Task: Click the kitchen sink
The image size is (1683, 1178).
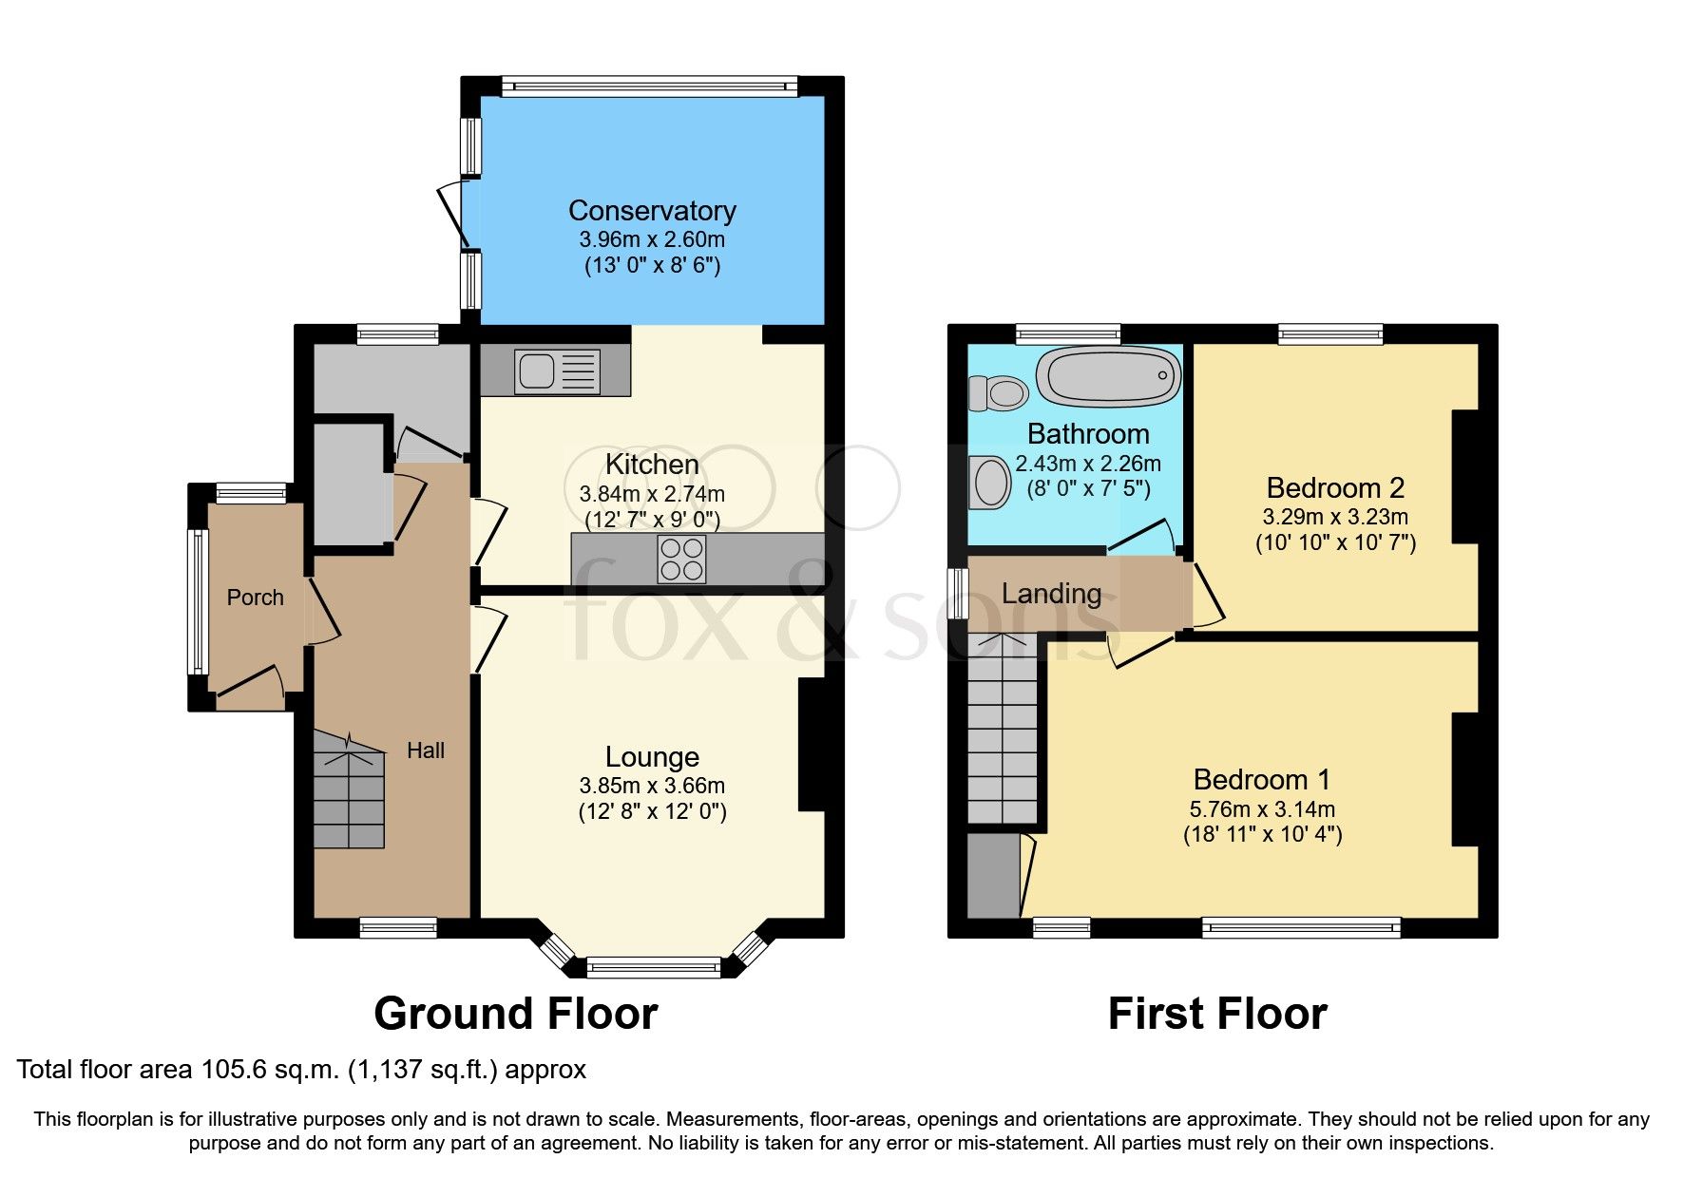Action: [x=557, y=370]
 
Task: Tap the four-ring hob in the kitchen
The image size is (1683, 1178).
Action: [x=681, y=559]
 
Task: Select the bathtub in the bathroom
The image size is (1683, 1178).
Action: [x=1108, y=375]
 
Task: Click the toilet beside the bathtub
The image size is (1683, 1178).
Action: [x=999, y=391]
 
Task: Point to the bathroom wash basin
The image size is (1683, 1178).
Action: [x=990, y=483]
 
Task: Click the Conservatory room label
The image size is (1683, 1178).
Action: [x=652, y=210]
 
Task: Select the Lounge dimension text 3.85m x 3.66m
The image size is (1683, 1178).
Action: [x=652, y=786]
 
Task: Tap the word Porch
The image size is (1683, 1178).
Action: [x=255, y=598]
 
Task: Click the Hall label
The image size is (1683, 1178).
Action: [x=425, y=750]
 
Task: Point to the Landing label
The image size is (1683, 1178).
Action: [x=1051, y=594]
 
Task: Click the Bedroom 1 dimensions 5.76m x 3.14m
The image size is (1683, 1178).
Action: [x=1262, y=809]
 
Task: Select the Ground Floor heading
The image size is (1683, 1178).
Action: [x=515, y=1014]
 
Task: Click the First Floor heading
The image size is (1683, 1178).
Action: [x=1216, y=1014]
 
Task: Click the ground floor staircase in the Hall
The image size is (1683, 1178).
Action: [x=349, y=793]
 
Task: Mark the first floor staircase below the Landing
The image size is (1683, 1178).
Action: [x=1003, y=731]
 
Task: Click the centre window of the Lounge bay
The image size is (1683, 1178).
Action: [x=654, y=967]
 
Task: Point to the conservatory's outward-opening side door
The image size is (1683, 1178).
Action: [x=454, y=217]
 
